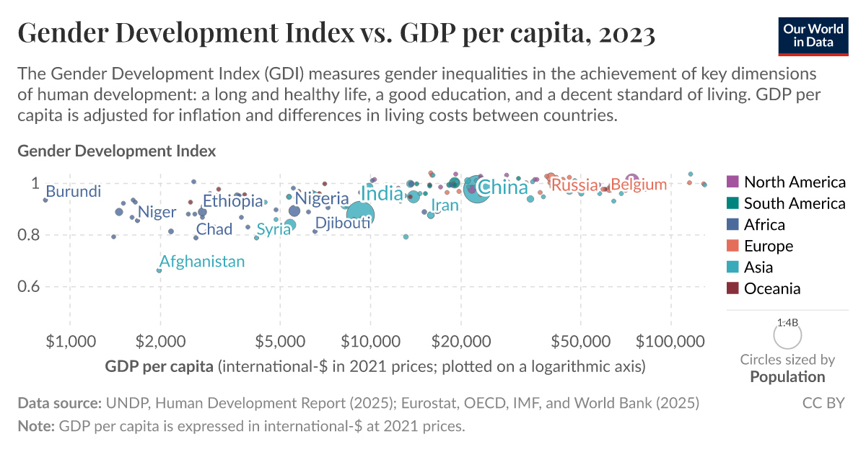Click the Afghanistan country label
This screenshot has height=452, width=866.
point(202,262)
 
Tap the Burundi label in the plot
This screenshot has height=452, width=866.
point(73,192)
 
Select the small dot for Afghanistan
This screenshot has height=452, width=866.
point(159,270)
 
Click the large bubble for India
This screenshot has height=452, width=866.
point(359,213)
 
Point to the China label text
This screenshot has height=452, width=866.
point(504,188)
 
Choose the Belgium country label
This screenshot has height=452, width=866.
point(639,185)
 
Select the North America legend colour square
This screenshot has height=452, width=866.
point(732,182)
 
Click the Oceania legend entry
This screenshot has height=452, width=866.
point(771,288)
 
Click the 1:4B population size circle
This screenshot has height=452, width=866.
point(788,336)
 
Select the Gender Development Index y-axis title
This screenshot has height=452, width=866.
point(116,151)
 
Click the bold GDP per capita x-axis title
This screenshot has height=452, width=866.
point(159,366)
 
